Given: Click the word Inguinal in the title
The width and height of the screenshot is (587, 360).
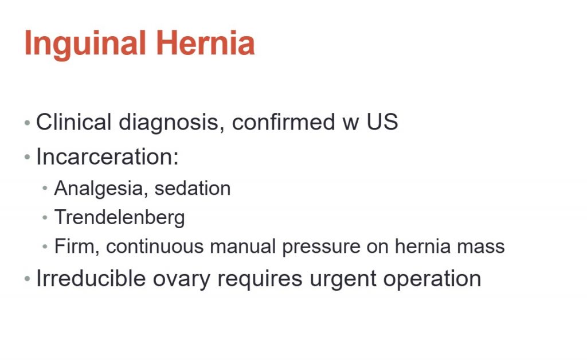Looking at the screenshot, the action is (x=85, y=44).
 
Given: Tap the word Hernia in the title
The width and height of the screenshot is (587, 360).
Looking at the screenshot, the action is (x=205, y=43).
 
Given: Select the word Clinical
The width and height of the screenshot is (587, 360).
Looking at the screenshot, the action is (x=74, y=122).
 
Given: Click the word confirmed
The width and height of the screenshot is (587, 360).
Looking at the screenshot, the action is (x=283, y=122).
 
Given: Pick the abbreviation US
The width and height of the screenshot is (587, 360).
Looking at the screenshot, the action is (x=382, y=122).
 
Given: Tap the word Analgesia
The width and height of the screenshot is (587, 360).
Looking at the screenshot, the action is (x=99, y=189).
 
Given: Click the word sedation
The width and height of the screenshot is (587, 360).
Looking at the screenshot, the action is (x=193, y=188).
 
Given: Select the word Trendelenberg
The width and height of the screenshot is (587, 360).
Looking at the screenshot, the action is (x=119, y=218).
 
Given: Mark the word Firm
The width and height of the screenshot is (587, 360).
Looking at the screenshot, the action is (x=76, y=246).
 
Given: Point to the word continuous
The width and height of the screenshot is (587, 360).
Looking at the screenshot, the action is (x=154, y=246).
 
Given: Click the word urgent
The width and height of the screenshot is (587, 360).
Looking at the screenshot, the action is (x=343, y=280).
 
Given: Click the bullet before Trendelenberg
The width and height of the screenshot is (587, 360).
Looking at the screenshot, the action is (x=45, y=217).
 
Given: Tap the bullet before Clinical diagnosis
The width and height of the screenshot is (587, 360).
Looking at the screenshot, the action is (x=27, y=122).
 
